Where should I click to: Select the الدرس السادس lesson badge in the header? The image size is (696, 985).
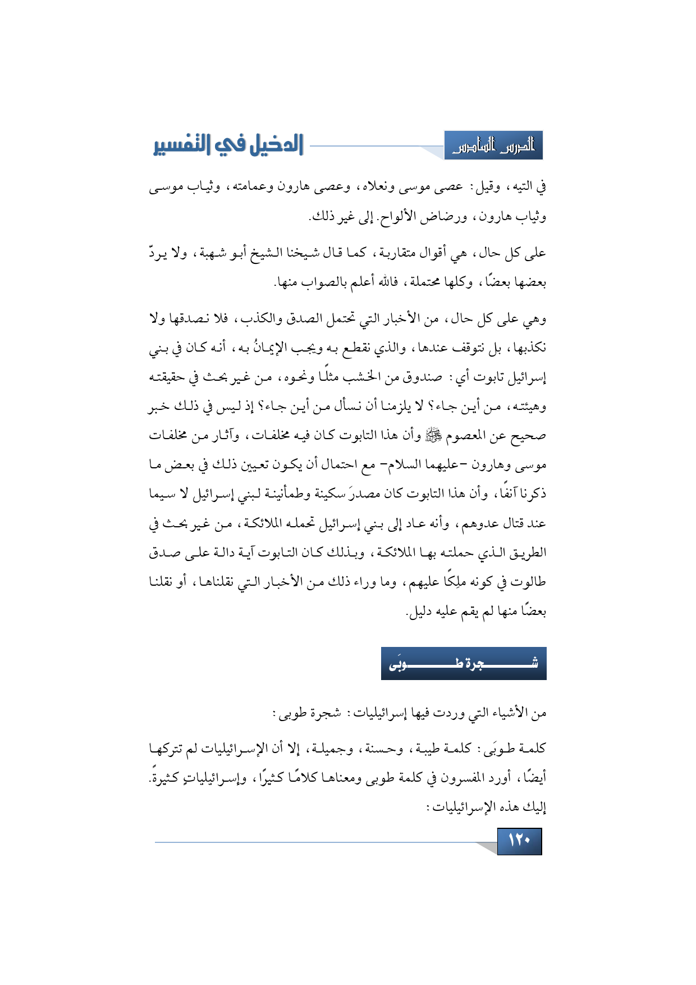click(x=493, y=147)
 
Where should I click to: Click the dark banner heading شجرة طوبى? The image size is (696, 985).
click(x=464, y=664)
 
